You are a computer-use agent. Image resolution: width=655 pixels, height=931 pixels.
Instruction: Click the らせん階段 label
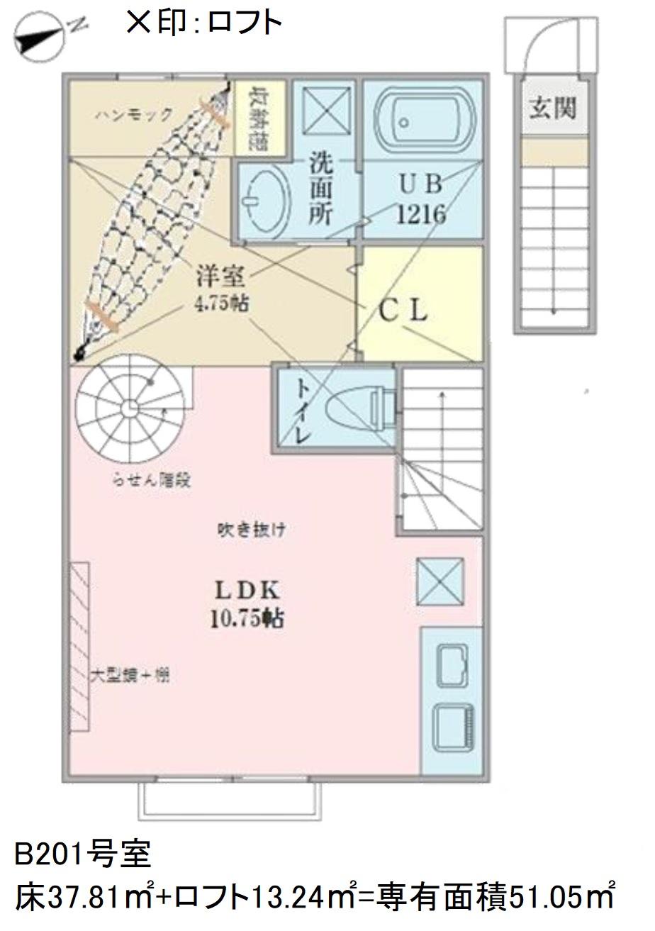152,480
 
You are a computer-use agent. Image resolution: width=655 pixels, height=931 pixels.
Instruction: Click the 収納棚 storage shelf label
260,117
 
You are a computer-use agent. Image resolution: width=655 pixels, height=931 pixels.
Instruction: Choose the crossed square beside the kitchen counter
440,581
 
